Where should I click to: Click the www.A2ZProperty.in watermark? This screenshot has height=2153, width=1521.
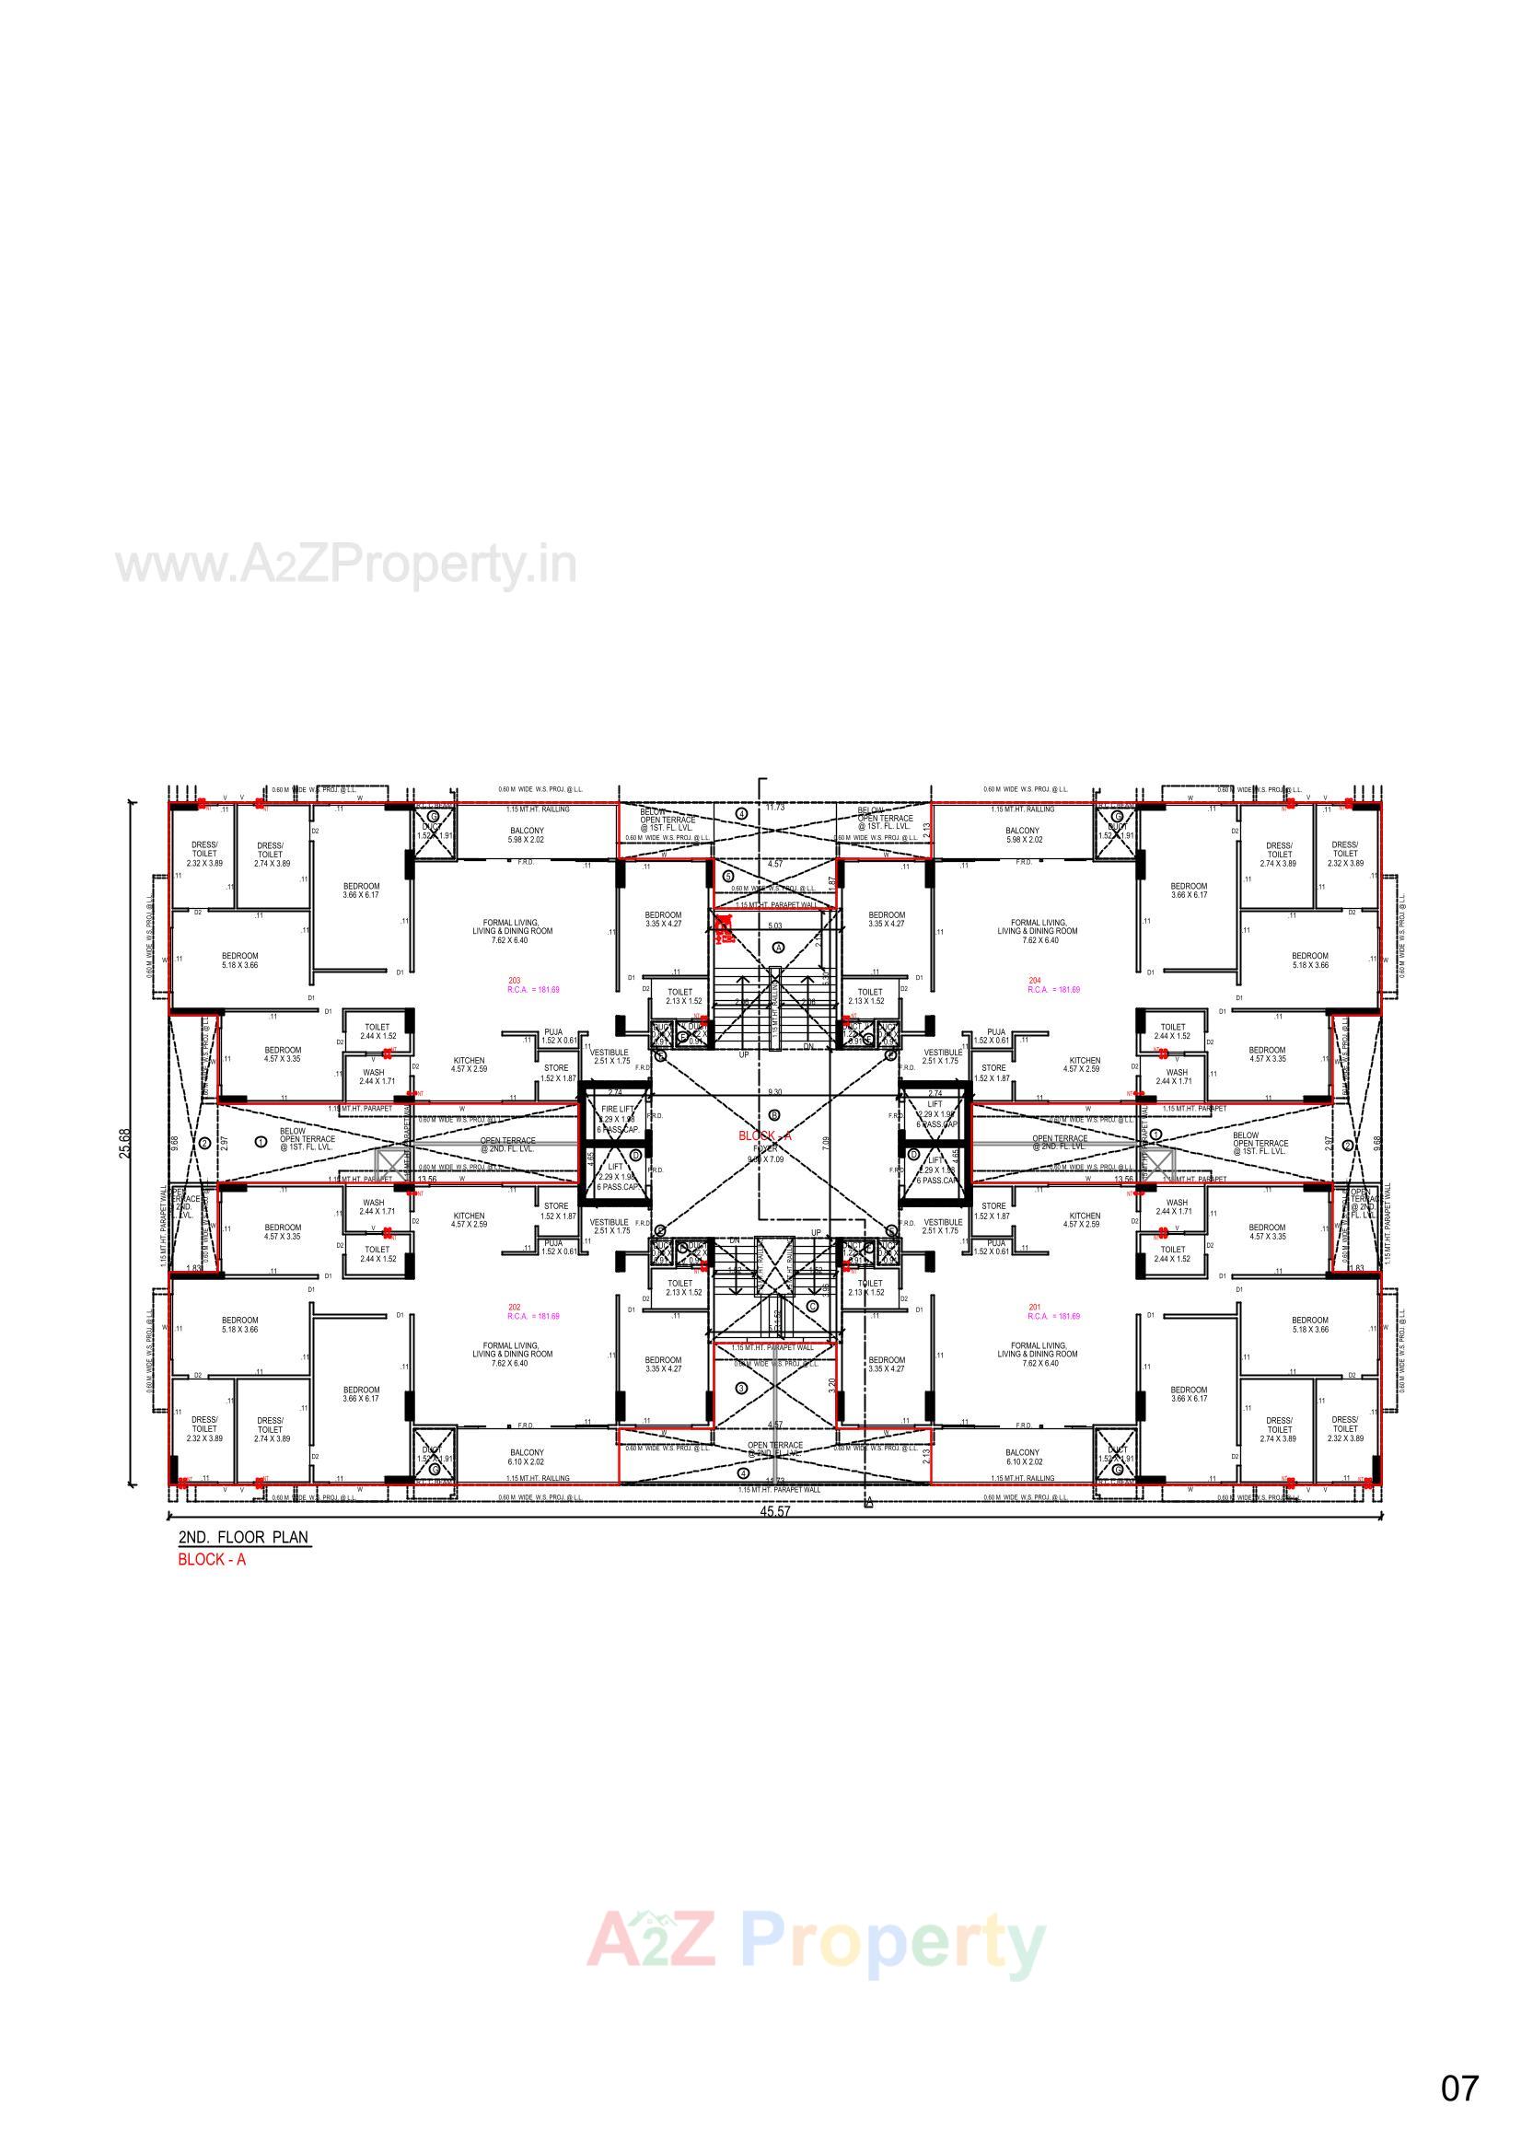tap(345, 565)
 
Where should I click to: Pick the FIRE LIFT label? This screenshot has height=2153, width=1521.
tap(617, 1109)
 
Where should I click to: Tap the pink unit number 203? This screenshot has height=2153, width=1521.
tap(514, 981)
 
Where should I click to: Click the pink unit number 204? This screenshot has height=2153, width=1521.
tap(1035, 981)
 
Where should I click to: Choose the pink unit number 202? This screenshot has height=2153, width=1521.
tap(514, 1308)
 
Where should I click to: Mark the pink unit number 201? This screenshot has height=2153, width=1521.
tap(1035, 1308)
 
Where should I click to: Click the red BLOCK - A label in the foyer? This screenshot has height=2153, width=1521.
tap(765, 1135)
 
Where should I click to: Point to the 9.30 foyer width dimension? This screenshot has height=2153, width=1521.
tap(774, 1092)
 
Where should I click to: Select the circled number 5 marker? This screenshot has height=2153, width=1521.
tap(728, 876)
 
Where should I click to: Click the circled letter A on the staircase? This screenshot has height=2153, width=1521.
tap(777, 948)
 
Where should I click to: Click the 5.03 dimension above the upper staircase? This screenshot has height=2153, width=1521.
tap(774, 926)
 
